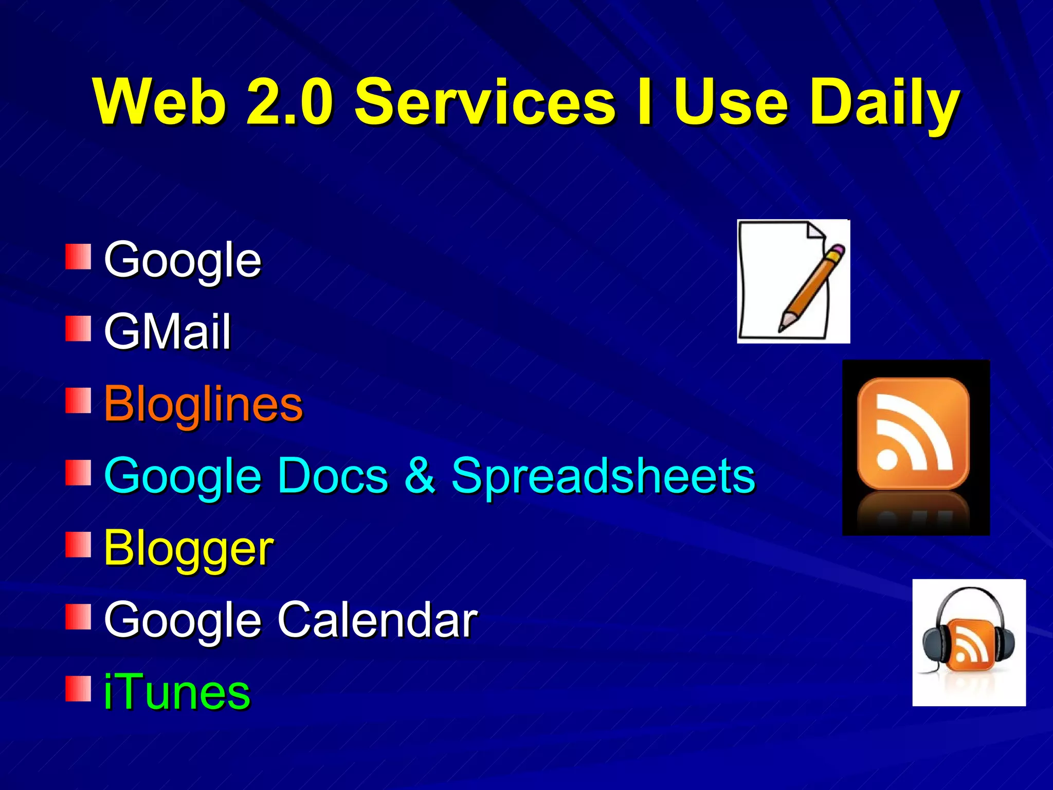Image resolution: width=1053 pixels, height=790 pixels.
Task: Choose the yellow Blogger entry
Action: click(188, 548)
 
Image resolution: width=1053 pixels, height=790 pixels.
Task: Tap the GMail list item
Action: click(167, 332)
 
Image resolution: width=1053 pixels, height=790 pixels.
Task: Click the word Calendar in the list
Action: click(378, 620)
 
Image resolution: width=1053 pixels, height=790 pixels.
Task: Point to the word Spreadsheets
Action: click(603, 476)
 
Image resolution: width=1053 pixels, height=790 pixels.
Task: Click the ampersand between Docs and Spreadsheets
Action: click(420, 476)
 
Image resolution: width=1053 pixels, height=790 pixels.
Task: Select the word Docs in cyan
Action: click(333, 476)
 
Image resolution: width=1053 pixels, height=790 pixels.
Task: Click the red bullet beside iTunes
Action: click(78, 689)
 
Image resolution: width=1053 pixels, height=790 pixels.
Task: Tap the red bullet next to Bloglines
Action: click(78, 401)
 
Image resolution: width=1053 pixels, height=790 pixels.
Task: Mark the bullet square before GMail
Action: click(78, 329)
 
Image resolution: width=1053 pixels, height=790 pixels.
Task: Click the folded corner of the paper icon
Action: click(814, 231)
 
